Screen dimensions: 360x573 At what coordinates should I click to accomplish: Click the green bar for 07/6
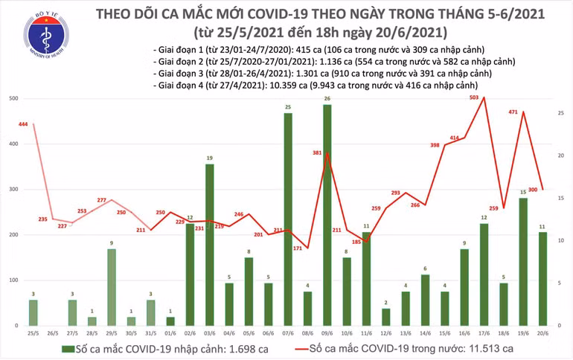coord(287,219)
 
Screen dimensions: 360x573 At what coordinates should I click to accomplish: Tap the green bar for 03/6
coord(209,245)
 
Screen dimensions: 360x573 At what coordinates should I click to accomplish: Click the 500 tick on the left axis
coord(13,99)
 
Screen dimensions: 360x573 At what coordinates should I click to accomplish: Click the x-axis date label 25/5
coord(33,332)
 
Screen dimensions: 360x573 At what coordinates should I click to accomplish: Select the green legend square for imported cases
coord(68,348)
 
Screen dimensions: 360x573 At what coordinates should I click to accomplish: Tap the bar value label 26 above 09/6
coord(327,99)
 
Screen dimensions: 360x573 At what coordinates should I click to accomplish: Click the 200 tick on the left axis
coord(13,235)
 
